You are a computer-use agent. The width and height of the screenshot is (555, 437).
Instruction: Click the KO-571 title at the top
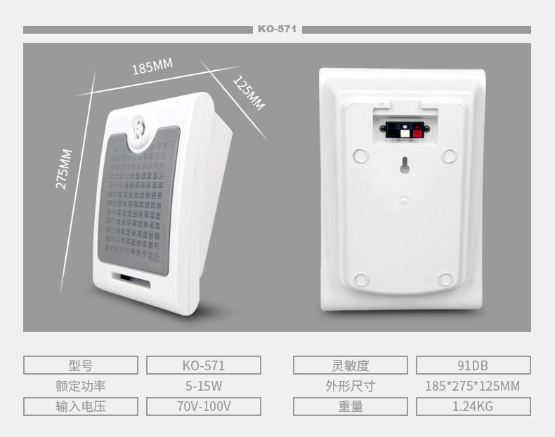click(277, 29)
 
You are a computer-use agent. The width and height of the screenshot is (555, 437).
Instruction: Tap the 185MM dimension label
click(152, 67)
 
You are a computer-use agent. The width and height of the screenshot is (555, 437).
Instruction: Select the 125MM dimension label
click(248, 93)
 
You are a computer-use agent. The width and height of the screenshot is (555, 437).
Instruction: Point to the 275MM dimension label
click(64, 169)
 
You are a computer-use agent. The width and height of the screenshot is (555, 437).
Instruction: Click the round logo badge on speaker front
click(141, 131)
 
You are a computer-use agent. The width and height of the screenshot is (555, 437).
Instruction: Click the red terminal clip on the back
click(417, 130)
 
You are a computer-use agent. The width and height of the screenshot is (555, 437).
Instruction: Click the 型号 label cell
click(81, 365)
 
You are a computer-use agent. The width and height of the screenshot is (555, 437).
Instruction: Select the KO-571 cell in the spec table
click(204, 365)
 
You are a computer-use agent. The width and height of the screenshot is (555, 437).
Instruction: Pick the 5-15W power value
click(204, 386)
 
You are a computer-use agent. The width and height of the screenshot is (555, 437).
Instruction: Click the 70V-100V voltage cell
click(204, 407)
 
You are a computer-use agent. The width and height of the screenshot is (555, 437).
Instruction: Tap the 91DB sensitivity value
click(473, 365)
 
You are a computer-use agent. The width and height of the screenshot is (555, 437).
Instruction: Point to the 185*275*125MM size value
click(473, 386)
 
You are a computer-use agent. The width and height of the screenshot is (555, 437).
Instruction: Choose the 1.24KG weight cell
click(473, 407)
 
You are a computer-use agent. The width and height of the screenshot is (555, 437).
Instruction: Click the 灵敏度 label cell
click(350, 365)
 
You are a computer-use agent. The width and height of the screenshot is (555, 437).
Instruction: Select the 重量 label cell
click(350, 407)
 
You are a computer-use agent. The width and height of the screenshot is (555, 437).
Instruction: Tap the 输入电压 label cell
click(81, 407)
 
